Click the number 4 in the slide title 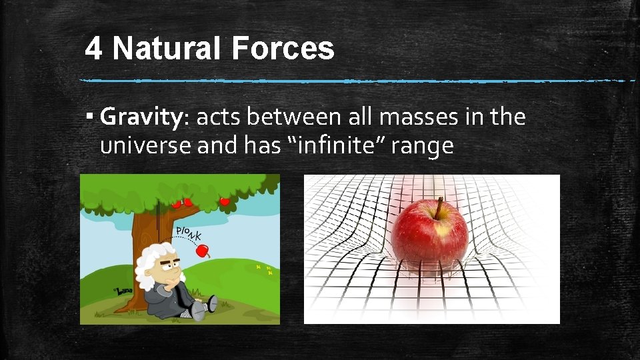point(95,49)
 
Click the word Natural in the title point(166,49)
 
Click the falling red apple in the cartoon point(203,251)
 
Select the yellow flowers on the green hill point(263,269)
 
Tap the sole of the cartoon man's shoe point(213,303)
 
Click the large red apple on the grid point(429,236)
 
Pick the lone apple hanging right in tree point(225,201)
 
